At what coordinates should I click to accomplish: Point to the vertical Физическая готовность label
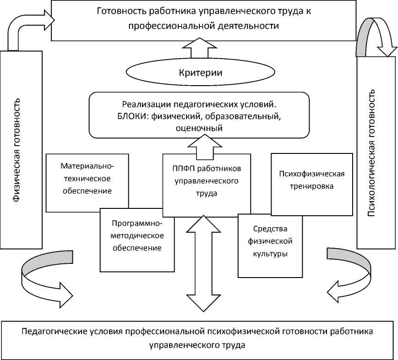click(17, 150)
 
